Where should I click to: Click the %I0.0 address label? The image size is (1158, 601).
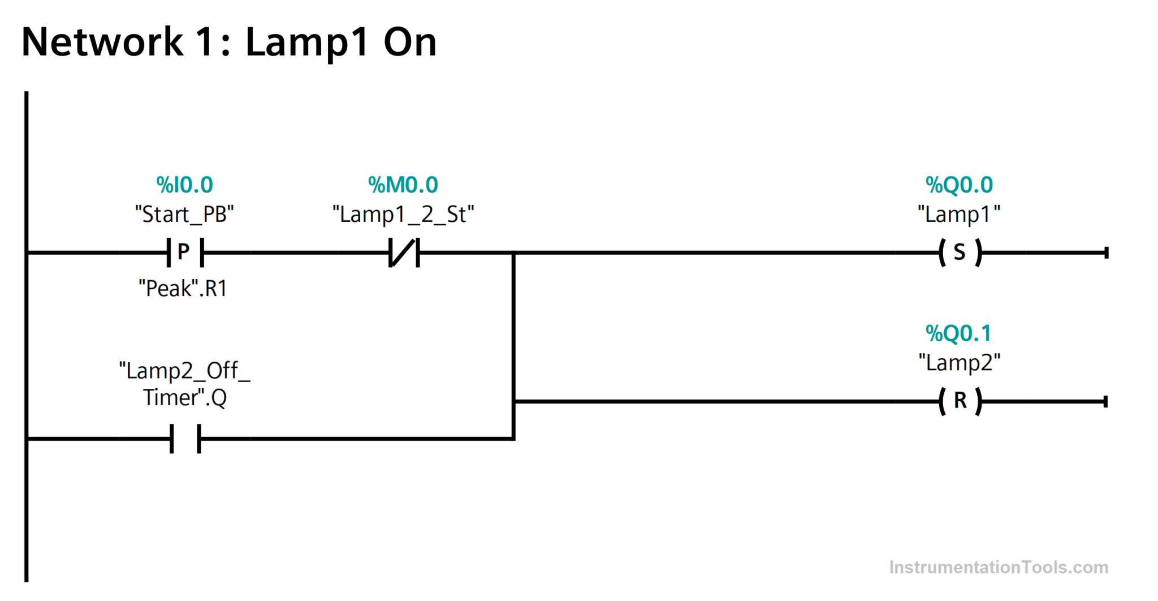coord(184,185)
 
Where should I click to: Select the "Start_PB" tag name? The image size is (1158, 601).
coord(184,214)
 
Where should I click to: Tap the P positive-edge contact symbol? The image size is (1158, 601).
coord(185,252)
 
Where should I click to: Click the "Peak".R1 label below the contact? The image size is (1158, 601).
coord(183,289)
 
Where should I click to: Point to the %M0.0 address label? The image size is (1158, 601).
coord(403,185)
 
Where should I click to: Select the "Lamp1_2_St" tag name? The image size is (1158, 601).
coord(403,214)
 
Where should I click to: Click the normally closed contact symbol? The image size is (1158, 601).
coord(404,252)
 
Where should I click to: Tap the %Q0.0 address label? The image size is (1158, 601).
coord(959,185)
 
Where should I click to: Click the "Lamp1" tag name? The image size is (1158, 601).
coord(959,214)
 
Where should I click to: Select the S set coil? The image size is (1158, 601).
coord(960,252)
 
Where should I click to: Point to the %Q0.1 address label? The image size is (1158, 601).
coord(959,333)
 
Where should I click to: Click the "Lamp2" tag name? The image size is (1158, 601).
coord(959,363)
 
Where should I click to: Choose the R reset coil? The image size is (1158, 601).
coord(960,401)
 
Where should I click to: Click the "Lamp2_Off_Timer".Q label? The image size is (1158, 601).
coord(184,384)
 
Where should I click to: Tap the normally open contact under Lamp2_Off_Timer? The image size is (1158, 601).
coord(185,439)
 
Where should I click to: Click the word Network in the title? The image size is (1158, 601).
coord(102,42)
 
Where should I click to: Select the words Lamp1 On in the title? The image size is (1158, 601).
coord(340,42)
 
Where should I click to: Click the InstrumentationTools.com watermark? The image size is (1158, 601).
coord(999,567)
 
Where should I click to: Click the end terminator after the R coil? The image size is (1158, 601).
coord(1105,402)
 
